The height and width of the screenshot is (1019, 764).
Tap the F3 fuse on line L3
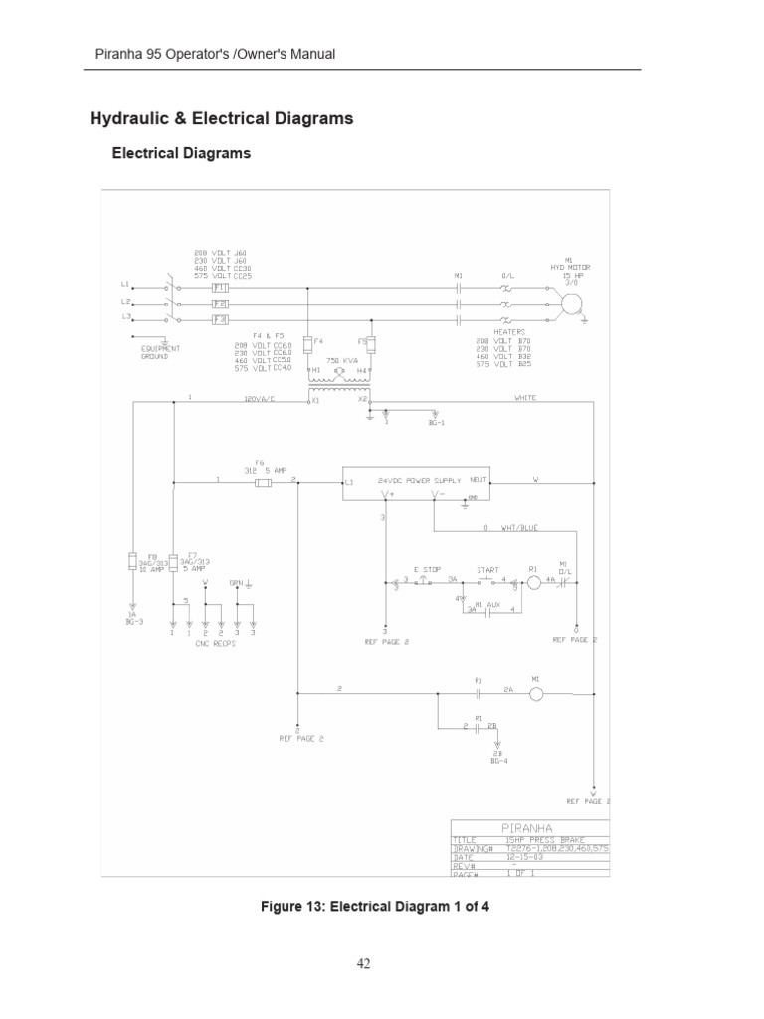coord(220,320)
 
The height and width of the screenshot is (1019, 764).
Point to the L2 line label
coord(126,301)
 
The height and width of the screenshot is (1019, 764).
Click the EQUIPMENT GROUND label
coord(161,352)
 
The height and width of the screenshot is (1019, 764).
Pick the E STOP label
coord(427,569)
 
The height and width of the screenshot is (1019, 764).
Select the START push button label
coord(487,569)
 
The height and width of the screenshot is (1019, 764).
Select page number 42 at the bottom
coord(363,963)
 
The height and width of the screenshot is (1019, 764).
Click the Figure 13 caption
coord(375,907)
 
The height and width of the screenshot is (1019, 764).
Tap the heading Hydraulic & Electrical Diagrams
coord(222,119)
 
